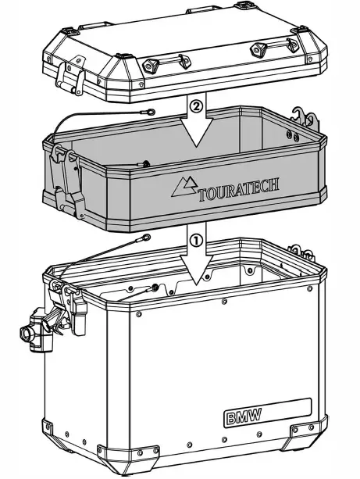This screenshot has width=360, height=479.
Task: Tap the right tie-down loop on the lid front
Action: (258, 49)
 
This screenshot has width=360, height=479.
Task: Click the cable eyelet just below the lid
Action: (149, 113)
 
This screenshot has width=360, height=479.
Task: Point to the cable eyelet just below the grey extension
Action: (145, 240)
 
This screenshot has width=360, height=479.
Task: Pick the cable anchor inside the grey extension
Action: (144, 163)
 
